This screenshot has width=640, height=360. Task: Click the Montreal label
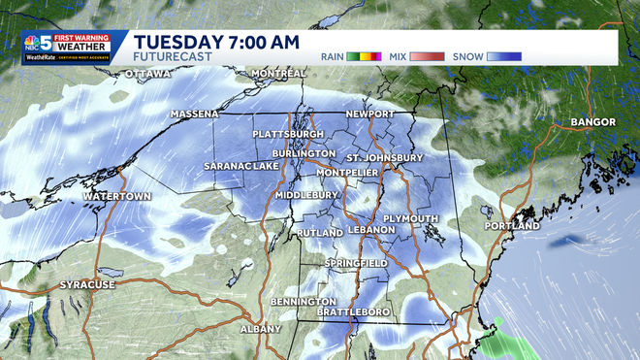point(278,74)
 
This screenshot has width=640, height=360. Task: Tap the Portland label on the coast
point(512,226)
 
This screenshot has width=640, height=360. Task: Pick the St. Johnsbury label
point(385,157)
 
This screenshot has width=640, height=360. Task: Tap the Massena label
point(194,114)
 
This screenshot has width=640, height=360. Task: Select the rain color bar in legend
point(366,56)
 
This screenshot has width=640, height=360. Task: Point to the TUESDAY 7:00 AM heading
point(217,42)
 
